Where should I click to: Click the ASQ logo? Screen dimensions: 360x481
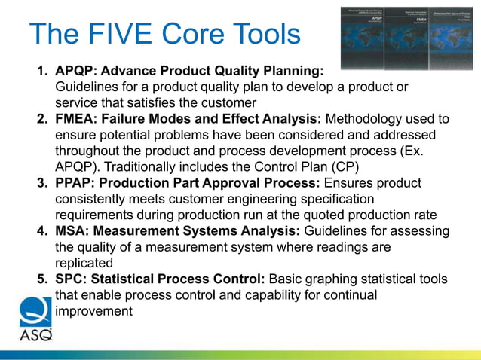(36, 322)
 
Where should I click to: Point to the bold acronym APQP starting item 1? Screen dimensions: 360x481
(75, 72)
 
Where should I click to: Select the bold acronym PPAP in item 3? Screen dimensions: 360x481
(75, 183)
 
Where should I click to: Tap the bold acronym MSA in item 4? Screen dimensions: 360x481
(72, 232)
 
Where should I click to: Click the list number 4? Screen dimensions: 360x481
(43, 232)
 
